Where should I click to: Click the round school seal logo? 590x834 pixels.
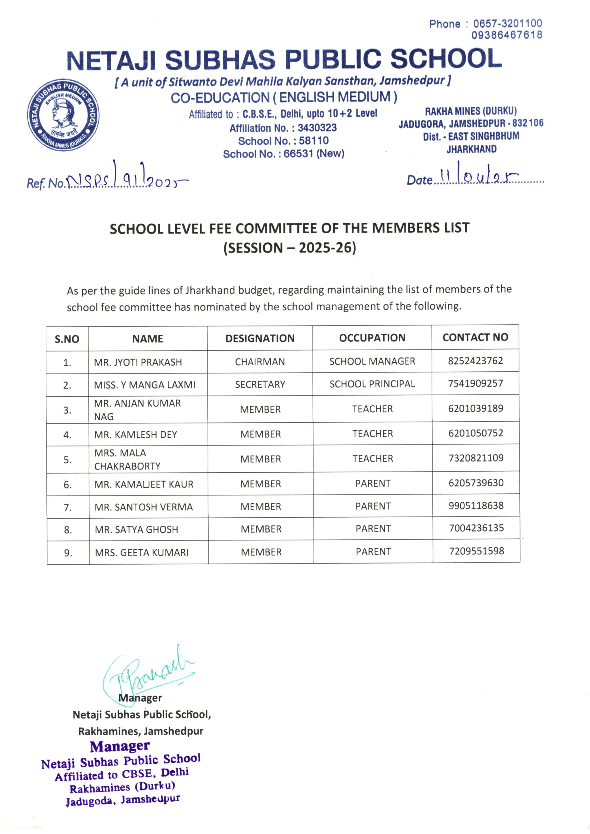[x=63, y=115]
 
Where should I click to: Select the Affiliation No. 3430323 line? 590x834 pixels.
[x=283, y=128]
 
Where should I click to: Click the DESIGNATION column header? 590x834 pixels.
[x=260, y=338]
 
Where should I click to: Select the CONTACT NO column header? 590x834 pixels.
[x=475, y=337]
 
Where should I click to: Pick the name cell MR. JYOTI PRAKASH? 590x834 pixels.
[x=138, y=362]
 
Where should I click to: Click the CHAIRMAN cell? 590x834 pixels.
[x=260, y=362]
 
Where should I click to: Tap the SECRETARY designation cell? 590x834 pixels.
[x=260, y=384]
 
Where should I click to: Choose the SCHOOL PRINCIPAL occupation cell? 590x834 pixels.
[x=372, y=384]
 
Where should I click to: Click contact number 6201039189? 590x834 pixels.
[x=475, y=408]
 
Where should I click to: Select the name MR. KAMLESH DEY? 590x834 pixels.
[x=136, y=434]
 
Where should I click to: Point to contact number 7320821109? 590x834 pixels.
[x=476, y=458]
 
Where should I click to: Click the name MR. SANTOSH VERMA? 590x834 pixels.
[x=143, y=507]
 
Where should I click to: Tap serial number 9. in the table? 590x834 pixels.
[x=68, y=553]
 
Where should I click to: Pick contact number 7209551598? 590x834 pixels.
[x=477, y=551]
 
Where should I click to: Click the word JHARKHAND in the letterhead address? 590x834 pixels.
[x=471, y=149]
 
